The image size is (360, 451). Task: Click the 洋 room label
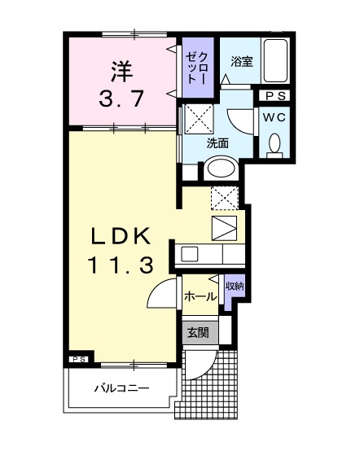122,69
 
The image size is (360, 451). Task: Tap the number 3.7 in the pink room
122,99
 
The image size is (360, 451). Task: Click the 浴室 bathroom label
240,61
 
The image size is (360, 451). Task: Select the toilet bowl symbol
274,145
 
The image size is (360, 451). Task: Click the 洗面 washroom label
217,142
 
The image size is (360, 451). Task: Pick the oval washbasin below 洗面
220,169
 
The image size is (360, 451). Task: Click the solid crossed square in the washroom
198,119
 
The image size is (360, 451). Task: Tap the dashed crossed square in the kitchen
223,198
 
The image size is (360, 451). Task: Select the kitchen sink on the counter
189,253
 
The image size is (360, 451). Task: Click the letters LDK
121,235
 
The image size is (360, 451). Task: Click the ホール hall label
200,296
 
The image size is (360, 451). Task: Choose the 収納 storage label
235,286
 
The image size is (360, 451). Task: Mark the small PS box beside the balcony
79,359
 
